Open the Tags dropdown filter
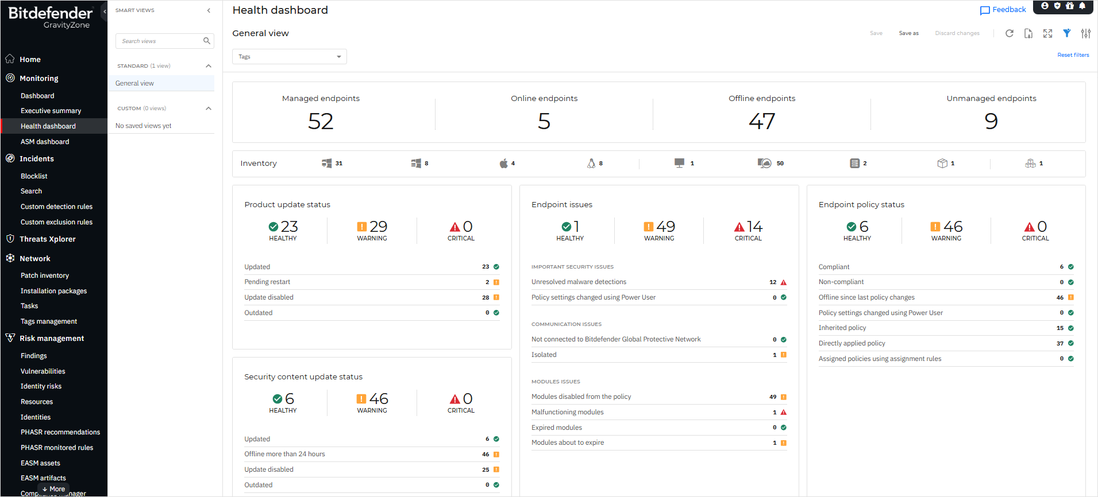point(289,57)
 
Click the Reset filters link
point(1073,55)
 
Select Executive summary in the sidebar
point(51,111)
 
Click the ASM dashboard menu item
point(45,142)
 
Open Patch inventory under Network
point(45,275)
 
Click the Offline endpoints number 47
point(762,121)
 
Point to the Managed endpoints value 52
point(321,121)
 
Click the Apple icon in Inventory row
point(503,164)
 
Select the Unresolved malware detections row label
point(579,282)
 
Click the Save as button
point(908,33)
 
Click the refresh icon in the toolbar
point(1009,33)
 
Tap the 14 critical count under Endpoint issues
point(754,227)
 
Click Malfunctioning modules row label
point(567,412)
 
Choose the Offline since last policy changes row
point(866,297)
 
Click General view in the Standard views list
point(134,83)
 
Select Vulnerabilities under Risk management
point(43,371)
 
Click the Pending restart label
point(267,282)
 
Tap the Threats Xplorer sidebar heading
point(48,239)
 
